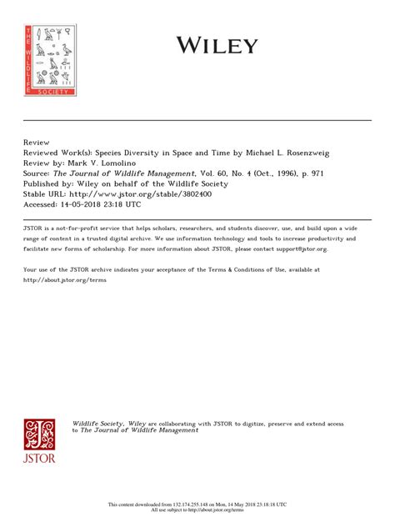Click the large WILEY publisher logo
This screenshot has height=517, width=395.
point(216,44)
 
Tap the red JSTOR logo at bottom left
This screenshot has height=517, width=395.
point(41,441)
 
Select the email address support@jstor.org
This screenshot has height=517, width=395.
point(297,248)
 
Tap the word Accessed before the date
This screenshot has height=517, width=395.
point(42,203)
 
